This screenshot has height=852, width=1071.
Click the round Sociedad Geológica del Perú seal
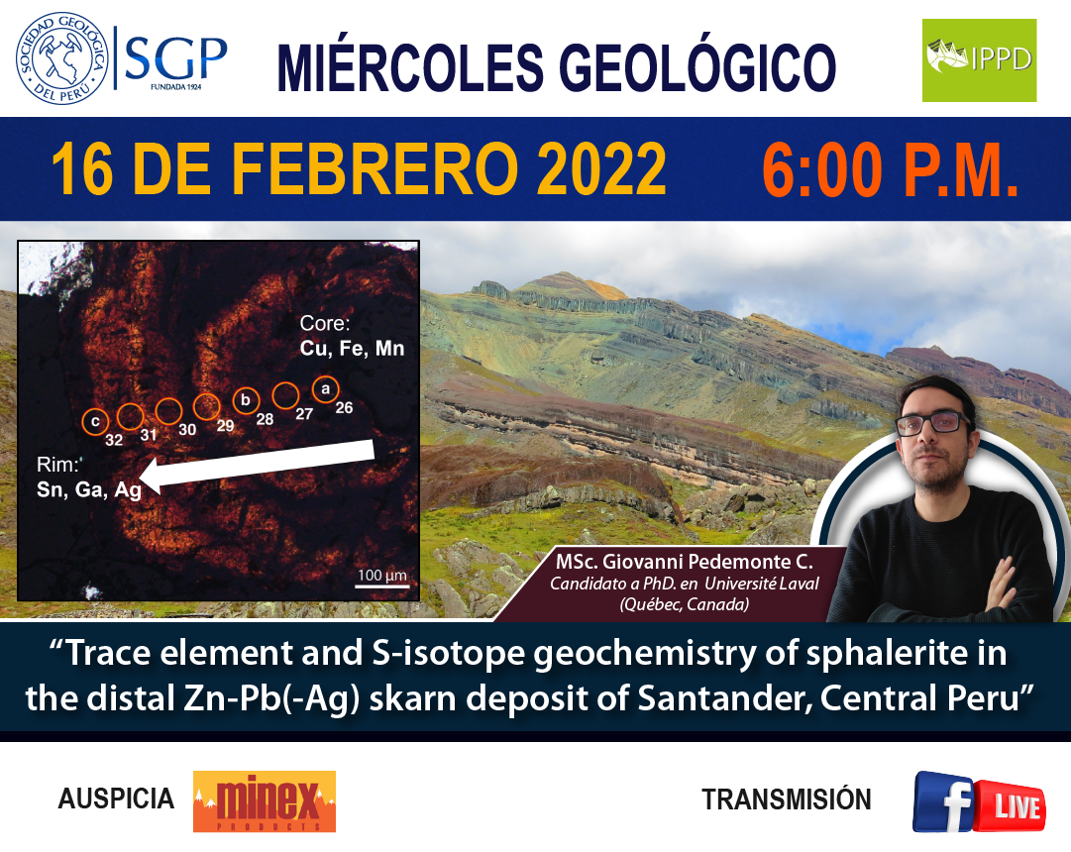(62, 58)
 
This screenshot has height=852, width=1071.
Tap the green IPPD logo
(979, 60)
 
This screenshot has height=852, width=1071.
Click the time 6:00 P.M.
(890, 169)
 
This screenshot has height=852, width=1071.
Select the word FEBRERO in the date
(375, 168)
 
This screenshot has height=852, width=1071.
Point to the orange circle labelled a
(326, 388)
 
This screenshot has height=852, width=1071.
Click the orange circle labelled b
(246, 400)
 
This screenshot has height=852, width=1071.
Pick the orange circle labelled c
(96, 422)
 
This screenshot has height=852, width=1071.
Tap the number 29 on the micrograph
(226, 426)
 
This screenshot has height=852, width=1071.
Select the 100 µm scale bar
(381, 586)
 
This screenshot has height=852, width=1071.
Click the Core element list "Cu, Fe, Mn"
(352, 349)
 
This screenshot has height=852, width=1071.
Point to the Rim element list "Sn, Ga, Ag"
(89, 489)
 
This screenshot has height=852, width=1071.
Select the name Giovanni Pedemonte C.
(707, 562)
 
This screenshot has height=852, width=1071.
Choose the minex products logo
(265, 801)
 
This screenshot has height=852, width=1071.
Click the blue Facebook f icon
(944, 800)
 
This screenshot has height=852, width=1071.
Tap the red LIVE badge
(1011, 806)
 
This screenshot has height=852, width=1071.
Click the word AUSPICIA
(116, 799)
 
